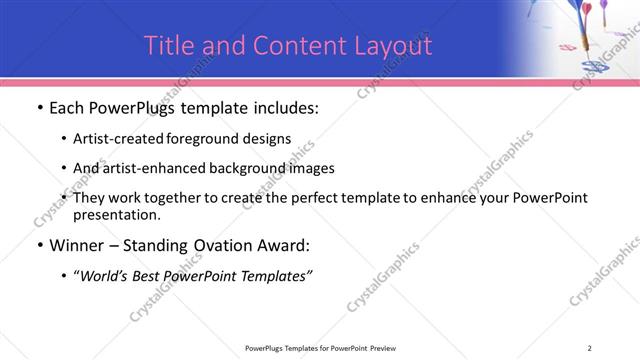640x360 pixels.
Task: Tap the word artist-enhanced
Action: pos(149,168)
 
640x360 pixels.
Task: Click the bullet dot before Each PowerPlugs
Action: pos(38,109)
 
